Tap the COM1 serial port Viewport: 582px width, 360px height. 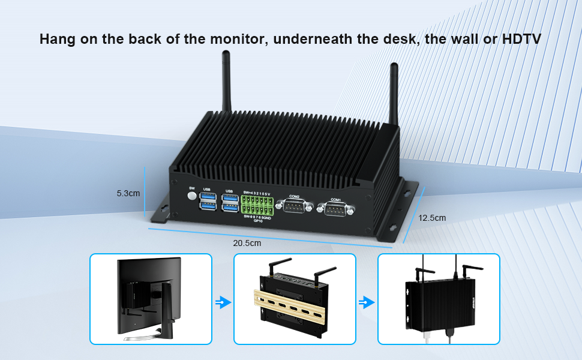[x=335, y=209]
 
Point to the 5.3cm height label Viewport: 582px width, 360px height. [x=128, y=194]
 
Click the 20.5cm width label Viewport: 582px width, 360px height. [x=247, y=243]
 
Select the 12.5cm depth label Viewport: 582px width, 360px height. [x=433, y=218]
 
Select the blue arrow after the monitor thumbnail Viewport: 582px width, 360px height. [x=223, y=302]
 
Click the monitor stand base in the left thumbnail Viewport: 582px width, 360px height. [x=147, y=338]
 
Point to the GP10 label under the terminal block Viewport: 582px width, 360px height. [x=258, y=221]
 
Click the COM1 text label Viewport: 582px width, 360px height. [x=335, y=199]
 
